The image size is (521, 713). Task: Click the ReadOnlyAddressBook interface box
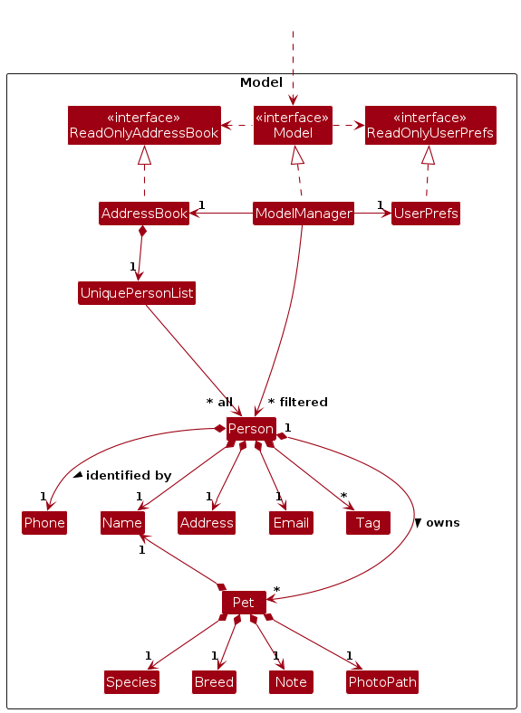144,126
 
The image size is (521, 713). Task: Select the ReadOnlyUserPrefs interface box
430,126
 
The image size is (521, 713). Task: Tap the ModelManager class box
304,214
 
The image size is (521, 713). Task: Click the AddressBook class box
144,214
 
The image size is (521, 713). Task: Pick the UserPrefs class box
426,214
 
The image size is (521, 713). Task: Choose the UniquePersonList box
137,293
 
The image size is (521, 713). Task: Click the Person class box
251,429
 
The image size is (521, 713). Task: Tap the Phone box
44,523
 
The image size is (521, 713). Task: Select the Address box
207,523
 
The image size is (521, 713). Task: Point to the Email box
291,523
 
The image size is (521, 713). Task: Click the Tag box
368,523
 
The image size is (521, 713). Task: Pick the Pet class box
244,603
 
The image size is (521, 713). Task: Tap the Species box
131,682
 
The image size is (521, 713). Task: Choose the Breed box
214,682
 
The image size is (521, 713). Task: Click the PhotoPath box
382,682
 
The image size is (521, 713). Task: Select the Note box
291,682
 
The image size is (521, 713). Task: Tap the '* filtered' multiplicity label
298,402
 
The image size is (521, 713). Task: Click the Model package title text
262,82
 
